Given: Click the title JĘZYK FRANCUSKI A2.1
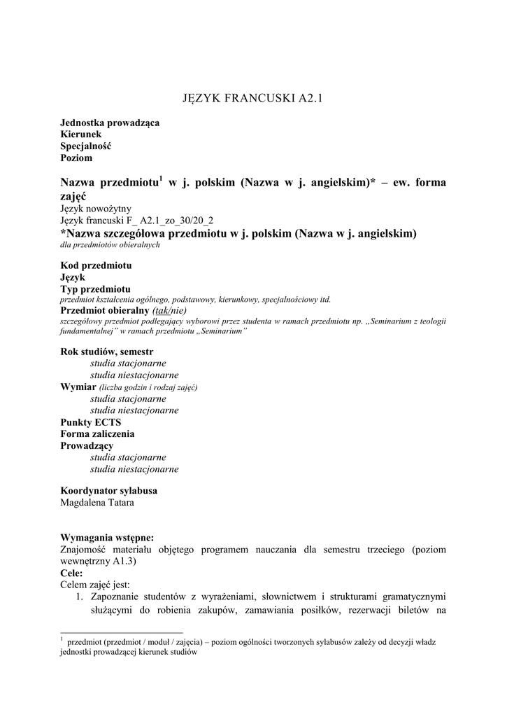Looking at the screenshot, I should [253, 99].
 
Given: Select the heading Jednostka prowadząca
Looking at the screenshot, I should [110, 123].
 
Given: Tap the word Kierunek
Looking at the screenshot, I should [81, 134].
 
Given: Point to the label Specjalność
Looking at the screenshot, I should [86, 146].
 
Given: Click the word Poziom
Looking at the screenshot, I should [76, 158].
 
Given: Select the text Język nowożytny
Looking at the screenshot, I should [96, 209].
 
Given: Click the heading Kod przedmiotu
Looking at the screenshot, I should [96, 265].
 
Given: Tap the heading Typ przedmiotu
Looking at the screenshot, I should [95, 288].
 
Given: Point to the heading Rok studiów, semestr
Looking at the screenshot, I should [107, 351].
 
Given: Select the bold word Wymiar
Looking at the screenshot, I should [78, 387].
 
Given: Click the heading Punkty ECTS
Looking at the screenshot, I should [91, 422].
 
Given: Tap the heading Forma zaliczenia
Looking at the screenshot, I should [97, 434].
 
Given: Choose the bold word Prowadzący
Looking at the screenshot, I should [87, 445].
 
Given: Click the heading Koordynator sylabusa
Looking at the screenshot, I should [108, 490].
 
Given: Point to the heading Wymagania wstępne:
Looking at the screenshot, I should [107, 537].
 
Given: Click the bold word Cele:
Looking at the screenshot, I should [72, 573].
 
